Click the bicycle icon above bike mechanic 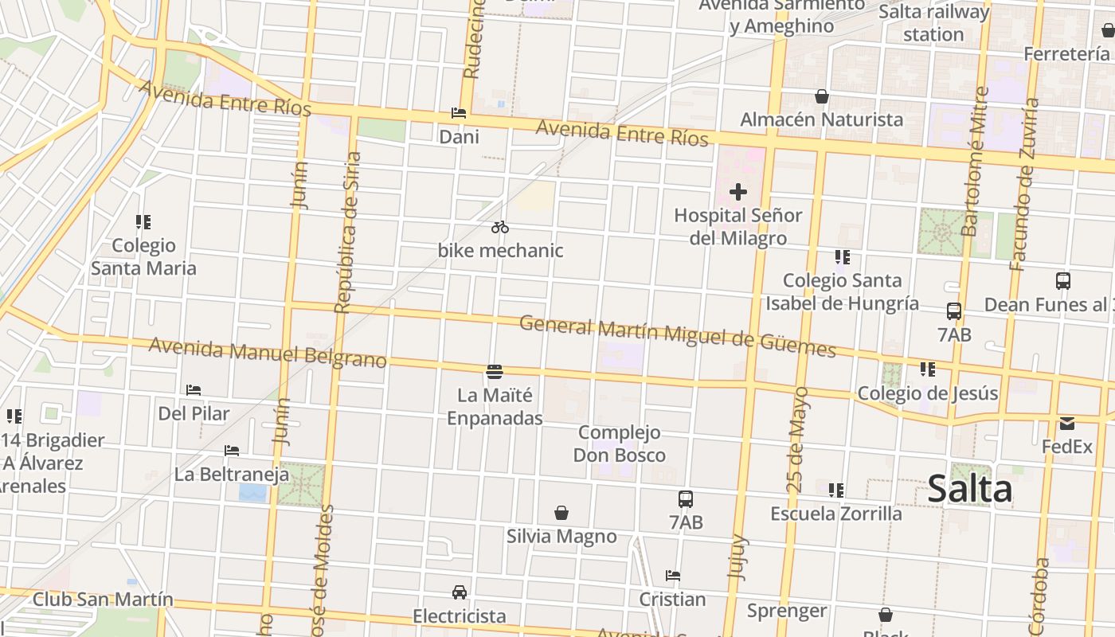coord(499,227)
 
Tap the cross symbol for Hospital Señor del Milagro coord(738,191)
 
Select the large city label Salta coord(969,489)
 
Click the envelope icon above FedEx coord(1066,424)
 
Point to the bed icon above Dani coord(459,113)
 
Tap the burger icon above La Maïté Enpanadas coord(494,371)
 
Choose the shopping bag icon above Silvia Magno coord(561,513)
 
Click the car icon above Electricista coord(460,592)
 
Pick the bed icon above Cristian coord(673,576)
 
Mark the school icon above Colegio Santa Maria coord(143,221)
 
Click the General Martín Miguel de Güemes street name coord(677,337)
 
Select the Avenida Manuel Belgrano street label coord(268,353)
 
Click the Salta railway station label coord(933,23)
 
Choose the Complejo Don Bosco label coord(620,444)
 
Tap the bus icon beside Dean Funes coord(1063,281)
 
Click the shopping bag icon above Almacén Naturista coord(822,96)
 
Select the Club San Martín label coord(103,600)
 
